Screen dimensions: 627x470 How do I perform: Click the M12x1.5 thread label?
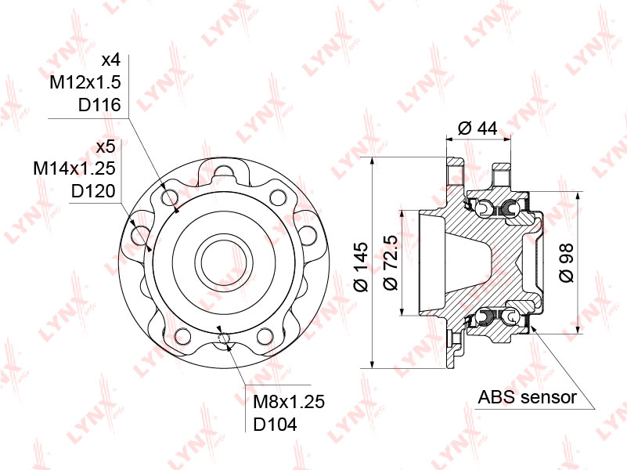[x=85, y=82]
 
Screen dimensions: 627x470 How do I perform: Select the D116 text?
[x=99, y=105]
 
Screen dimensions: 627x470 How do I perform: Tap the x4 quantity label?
[x=111, y=60]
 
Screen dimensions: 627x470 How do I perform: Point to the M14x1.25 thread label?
[x=74, y=168]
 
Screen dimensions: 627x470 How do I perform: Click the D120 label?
[x=93, y=191]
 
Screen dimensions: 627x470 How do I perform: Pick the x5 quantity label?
[x=106, y=146]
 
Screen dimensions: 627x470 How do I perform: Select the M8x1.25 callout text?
[x=289, y=402]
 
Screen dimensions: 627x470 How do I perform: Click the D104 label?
[x=275, y=425]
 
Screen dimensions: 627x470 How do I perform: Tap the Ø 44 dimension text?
[x=477, y=128]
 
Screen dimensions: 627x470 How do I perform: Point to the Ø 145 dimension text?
[x=361, y=266]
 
